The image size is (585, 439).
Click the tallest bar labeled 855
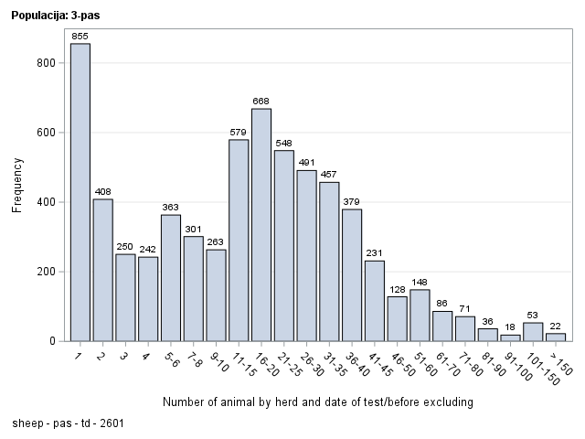(80, 192)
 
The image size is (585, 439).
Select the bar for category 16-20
(261, 225)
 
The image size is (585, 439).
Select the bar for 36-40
(352, 275)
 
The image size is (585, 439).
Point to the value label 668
(261, 102)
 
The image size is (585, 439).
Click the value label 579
(239, 133)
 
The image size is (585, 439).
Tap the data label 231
(375, 253)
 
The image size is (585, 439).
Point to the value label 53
(533, 316)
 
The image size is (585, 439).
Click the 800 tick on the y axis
(47, 63)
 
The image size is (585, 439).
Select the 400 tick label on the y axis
(47, 202)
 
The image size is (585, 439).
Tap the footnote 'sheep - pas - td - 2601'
(69, 423)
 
